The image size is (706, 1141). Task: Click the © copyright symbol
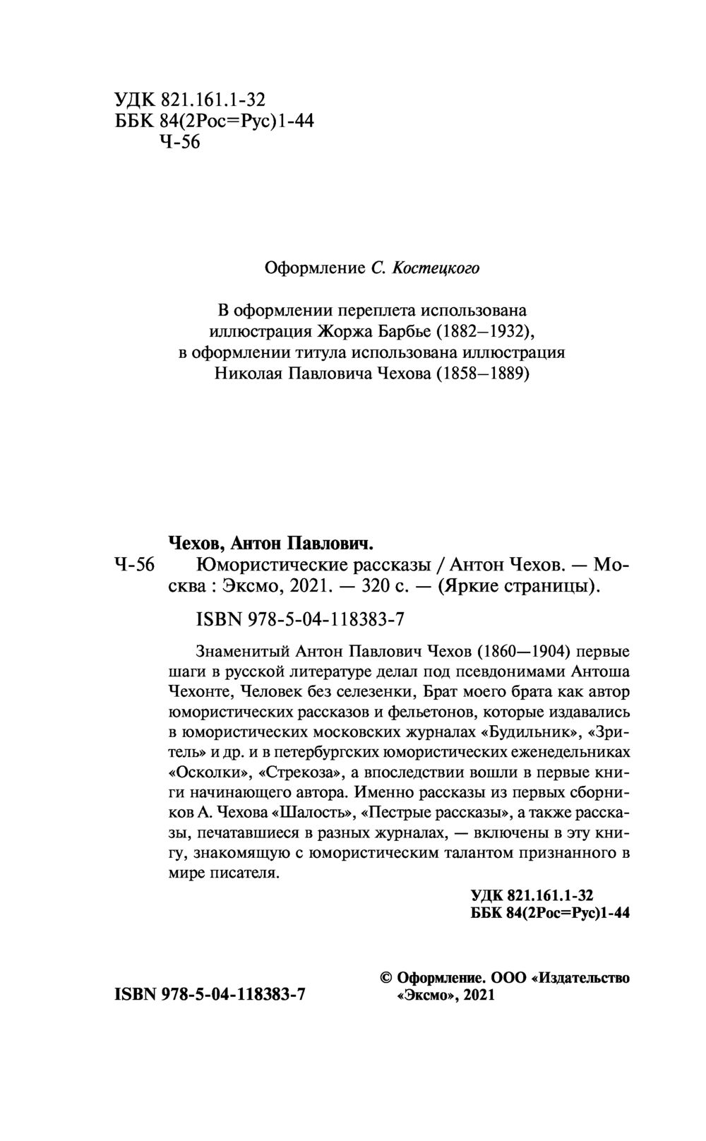click(386, 979)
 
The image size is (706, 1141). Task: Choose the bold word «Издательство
click(582, 979)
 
